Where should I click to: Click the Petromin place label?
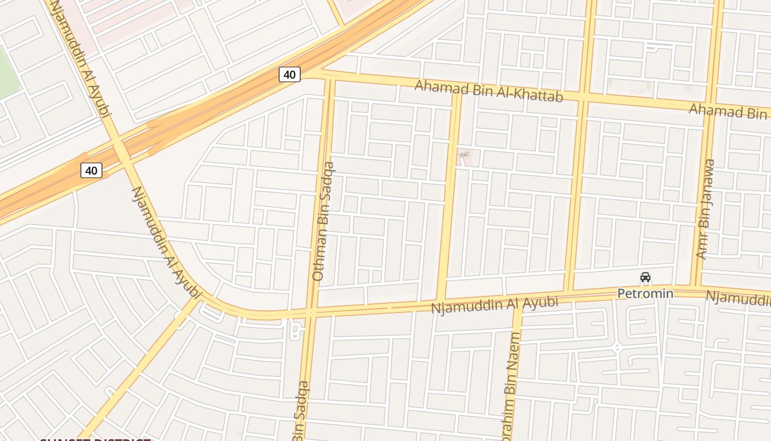(645, 293)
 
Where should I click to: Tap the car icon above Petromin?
(645, 277)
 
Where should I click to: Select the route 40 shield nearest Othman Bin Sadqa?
(290, 74)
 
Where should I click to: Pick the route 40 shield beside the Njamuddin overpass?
(91, 170)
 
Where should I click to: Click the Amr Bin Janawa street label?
(705, 209)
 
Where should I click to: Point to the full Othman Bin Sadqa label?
(323, 221)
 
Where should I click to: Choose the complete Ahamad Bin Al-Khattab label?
(488, 91)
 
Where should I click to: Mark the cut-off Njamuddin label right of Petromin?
(738, 298)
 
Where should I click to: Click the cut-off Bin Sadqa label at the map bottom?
(301, 411)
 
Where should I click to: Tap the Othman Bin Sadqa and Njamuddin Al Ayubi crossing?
(311, 313)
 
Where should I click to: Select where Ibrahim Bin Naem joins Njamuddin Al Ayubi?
(518, 302)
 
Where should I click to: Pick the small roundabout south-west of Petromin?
(617, 348)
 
